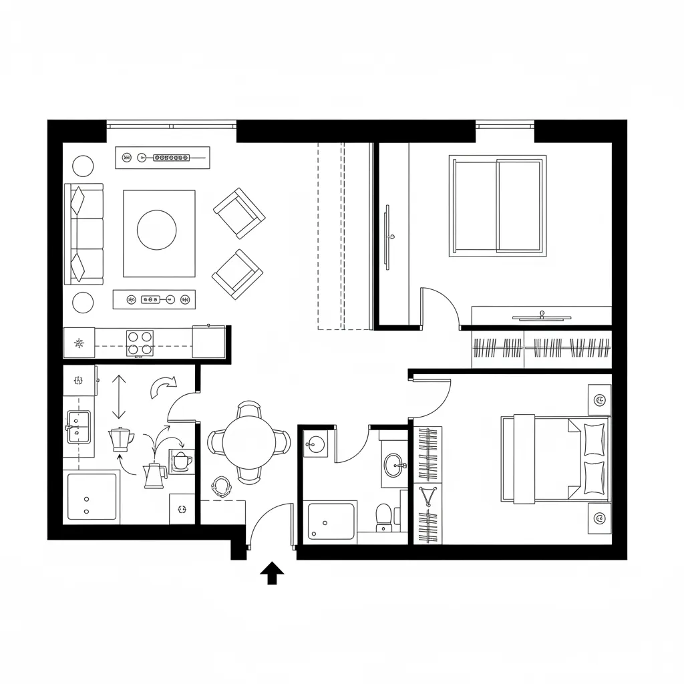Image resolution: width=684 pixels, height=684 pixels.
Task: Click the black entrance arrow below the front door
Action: click(x=272, y=573)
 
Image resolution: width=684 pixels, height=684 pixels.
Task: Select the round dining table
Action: click(x=249, y=442)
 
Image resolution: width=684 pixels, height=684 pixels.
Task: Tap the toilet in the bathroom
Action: click(x=383, y=516)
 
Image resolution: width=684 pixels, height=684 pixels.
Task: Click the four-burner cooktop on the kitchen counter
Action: click(x=140, y=343)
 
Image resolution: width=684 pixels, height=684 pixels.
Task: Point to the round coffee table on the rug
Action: click(x=157, y=230)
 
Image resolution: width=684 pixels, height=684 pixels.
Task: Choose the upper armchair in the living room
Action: click(x=239, y=213)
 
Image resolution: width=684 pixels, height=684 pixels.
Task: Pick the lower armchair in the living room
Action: click(x=237, y=274)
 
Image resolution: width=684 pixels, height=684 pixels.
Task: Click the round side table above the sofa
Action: click(x=83, y=165)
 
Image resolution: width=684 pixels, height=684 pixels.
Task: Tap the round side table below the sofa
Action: click(x=83, y=302)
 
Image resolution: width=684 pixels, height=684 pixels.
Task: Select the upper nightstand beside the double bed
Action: click(x=599, y=400)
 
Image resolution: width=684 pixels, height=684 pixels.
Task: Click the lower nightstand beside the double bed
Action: click(x=599, y=518)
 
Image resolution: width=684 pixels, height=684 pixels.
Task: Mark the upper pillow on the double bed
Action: click(x=594, y=439)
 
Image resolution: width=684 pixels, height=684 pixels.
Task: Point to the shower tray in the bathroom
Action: click(x=331, y=521)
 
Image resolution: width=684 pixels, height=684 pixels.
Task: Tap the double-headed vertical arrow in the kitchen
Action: click(x=118, y=397)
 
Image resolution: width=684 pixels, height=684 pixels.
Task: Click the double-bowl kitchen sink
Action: click(x=78, y=425)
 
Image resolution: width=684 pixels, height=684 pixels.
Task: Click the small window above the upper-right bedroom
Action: click(x=504, y=124)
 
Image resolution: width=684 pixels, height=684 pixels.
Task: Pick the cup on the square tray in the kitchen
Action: click(x=181, y=461)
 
